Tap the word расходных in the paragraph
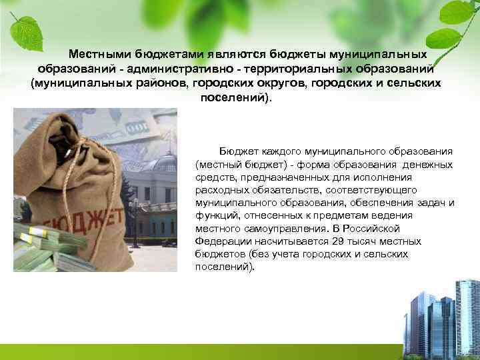(x=217, y=191)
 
